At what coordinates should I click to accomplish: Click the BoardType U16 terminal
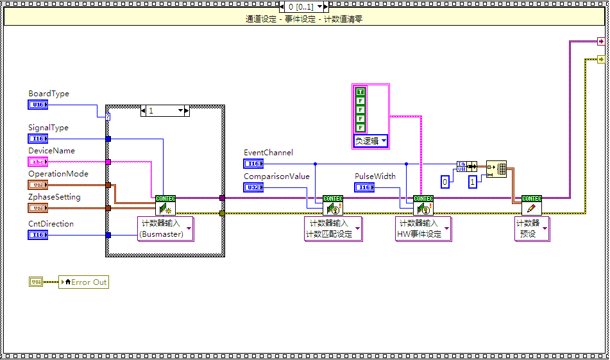pos(38,105)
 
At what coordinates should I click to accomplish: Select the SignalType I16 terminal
pos(38,139)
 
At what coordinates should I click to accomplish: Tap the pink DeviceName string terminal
pos(38,162)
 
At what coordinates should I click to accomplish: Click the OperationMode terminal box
pos(38,185)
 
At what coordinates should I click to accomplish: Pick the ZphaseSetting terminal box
pos(38,208)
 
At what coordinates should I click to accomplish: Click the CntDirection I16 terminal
pos(38,235)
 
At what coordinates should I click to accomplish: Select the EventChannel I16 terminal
pos(253,164)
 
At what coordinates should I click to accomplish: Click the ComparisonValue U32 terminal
pos(253,187)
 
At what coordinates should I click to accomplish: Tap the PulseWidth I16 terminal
pos(364,187)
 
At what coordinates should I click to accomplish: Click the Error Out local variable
pos(83,282)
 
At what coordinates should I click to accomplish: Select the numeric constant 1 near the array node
pos(473,182)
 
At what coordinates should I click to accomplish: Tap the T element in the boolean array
pos(360,92)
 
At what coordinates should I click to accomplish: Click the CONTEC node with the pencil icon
pos(531,205)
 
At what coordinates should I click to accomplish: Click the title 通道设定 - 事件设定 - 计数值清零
pos(305,19)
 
